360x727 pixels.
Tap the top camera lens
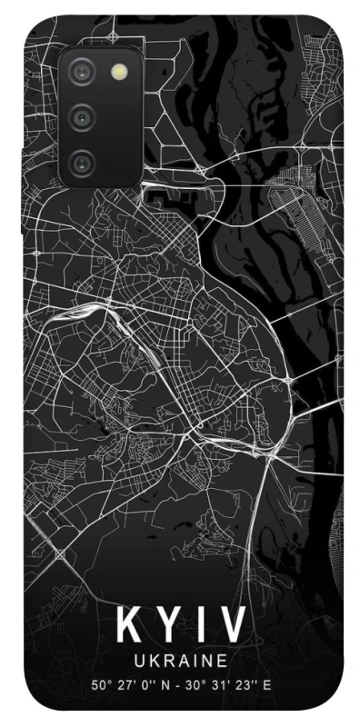tap(83, 71)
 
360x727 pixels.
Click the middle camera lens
tap(83, 116)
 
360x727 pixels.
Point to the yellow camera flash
tap(118, 71)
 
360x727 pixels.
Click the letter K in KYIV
tap(126, 626)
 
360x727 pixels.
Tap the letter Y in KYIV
tap(165, 626)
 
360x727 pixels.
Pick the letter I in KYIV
tap(198, 626)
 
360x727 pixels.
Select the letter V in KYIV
tap(232, 626)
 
